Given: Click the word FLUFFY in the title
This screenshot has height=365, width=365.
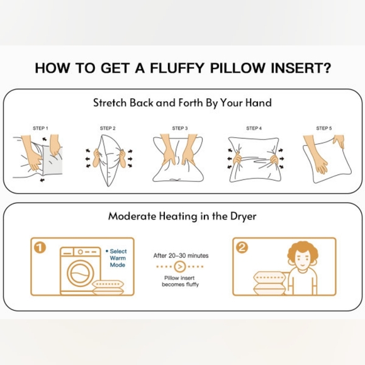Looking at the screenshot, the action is (177, 68).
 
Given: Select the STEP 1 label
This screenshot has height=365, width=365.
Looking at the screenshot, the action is (40, 128).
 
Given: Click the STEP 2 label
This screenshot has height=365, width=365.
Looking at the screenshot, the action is (108, 128).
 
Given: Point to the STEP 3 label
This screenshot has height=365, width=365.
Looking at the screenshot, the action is (180, 128).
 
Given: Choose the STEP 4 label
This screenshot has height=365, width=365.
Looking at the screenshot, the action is (254, 128).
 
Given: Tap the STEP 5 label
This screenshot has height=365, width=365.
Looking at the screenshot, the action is (324, 128).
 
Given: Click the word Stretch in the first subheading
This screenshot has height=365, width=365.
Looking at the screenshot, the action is (110, 103).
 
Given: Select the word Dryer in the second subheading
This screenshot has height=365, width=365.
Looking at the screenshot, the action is (244, 216).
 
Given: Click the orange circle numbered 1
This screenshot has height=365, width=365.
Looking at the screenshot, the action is (40, 247).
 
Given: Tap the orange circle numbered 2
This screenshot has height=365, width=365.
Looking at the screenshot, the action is (242, 247).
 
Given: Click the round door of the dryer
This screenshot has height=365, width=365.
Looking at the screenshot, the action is (81, 273).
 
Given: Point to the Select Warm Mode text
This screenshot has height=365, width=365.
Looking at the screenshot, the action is (117, 258).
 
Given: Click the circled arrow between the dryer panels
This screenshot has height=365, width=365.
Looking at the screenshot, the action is (180, 267).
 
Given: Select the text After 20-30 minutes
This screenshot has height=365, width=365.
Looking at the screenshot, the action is (181, 255).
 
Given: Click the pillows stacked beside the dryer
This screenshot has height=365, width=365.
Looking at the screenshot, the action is (108, 288).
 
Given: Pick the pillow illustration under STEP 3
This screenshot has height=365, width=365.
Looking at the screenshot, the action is (178, 158).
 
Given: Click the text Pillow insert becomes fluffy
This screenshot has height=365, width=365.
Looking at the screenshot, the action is (180, 281).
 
